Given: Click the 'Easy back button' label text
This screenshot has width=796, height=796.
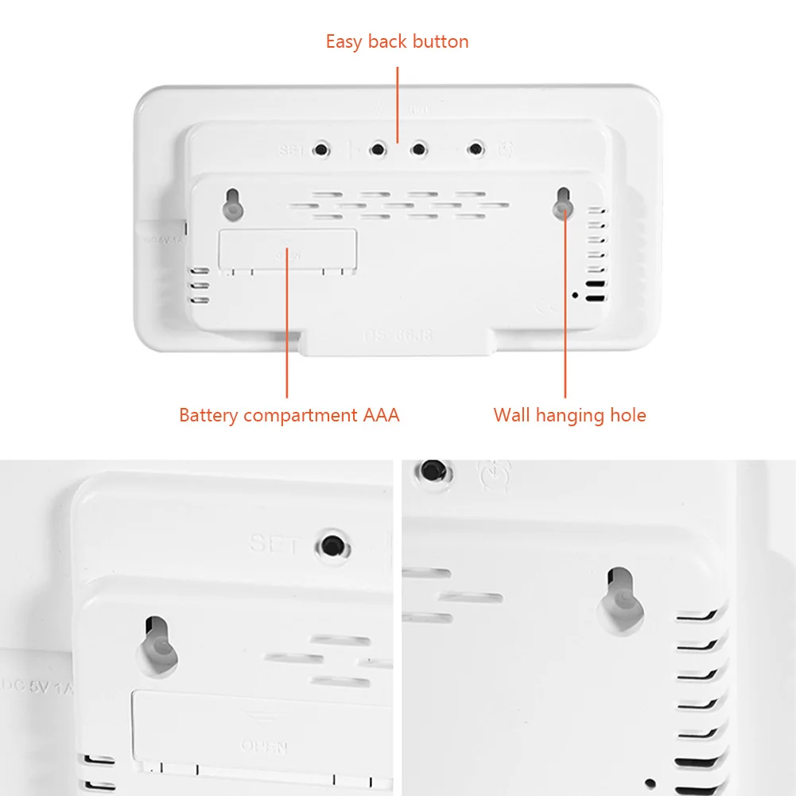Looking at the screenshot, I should coord(397,41).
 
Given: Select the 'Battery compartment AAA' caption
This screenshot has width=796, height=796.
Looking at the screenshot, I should coord(289,415).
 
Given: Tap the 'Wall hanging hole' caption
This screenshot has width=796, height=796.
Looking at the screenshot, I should coord(569,415).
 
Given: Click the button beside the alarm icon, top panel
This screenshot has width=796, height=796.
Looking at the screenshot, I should coord(476,149).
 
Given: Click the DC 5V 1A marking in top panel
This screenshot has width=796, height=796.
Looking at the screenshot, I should coord(163,238).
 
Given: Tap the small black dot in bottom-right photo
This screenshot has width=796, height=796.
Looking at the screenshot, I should coord(650,783).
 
